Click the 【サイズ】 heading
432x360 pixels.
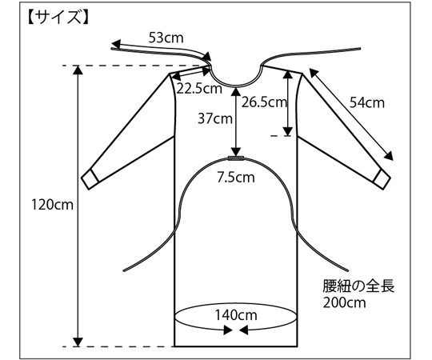pyautogui.click(x=58, y=18)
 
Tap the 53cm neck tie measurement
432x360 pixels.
pyautogui.click(x=166, y=38)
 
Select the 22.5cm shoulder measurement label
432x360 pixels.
pyautogui.click(x=199, y=88)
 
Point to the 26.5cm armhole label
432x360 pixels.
pyautogui.click(x=264, y=102)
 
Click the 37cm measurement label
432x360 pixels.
pyautogui.click(x=215, y=118)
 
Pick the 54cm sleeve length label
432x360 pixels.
pyautogui.click(x=367, y=102)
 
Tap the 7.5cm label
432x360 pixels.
pyautogui.click(x=236, y=177)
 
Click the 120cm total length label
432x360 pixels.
pyautogui.click(x=52, y=205)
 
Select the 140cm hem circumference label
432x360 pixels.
pyautogui.click(x=236, y=315)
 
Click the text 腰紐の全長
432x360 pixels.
pyautogui.click(x=358, y=286)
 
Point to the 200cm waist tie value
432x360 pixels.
pyautogui.click(x=344, y=302)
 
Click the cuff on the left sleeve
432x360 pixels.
pyautogui.click(x=90, y=179)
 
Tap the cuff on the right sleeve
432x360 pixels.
pyautogui.click(x=382, y=179)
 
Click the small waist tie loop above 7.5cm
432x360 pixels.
pyautogui.click(x=236, y=158)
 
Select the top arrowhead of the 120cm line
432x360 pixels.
pyautogui.click(x=78, y=70)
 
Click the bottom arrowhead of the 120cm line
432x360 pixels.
pyautogui.click(x=78, y=342)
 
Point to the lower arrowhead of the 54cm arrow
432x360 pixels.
pyautogui.click(x=389, y=156)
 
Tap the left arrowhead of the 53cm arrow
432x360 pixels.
pyautogui.click(x=116, y=44)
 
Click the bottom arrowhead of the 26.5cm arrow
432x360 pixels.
pyautogui.click(x=288, y=131)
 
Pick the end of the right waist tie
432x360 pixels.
pyautogui.click(x=347, y=270)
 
